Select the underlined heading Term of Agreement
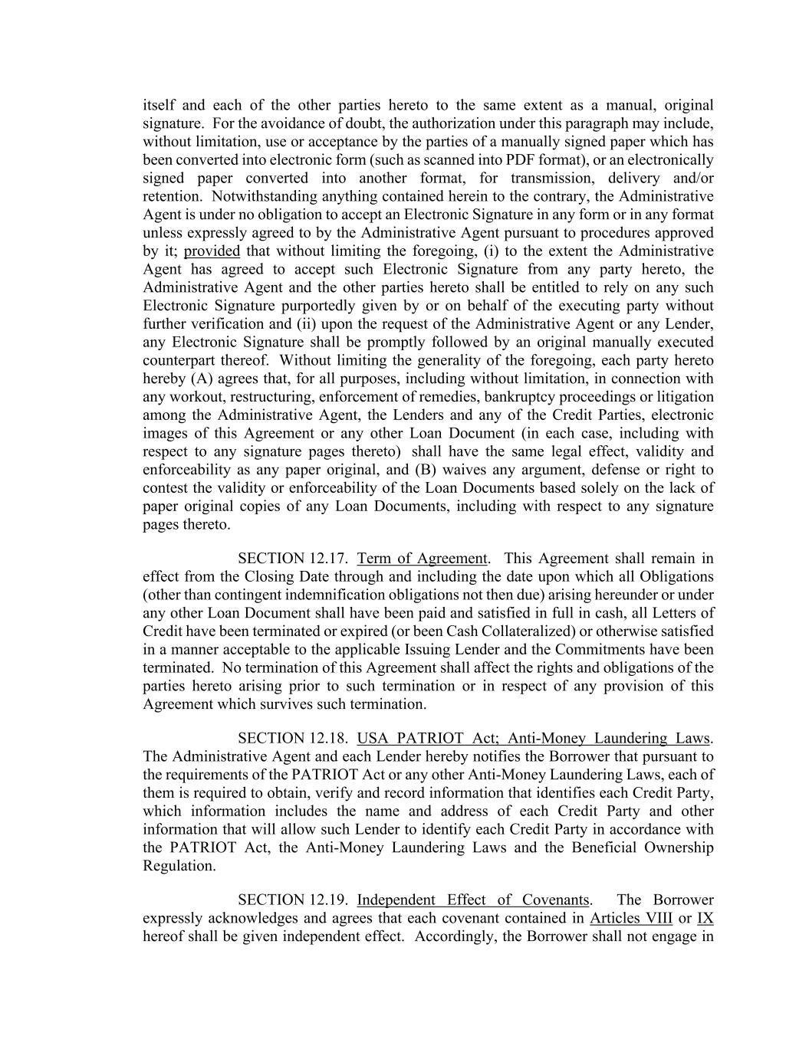click(x=422, y=559)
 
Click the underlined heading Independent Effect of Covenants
click(x=473, y=900)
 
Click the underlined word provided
click(x=212, y=251)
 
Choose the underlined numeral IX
click(x=705, y=918)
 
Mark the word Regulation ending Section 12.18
click(x=179, y=866)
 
